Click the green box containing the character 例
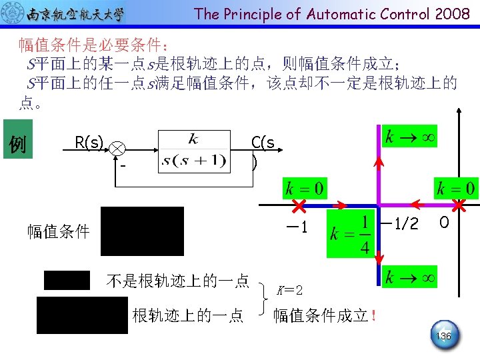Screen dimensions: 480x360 (x=19, y=143)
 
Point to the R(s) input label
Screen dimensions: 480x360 (x=89, y=142)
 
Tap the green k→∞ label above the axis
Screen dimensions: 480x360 (x=409, y=137)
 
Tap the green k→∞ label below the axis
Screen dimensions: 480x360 (x=409, y=276)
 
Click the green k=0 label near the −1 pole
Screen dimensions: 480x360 (x=304, y=187)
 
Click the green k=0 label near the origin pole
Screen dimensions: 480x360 (x=455, y=187)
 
